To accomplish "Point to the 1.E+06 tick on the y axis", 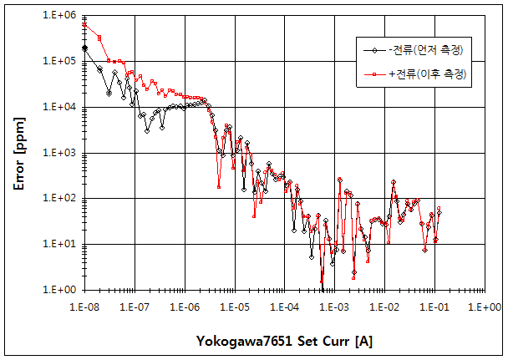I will tap(59, 16).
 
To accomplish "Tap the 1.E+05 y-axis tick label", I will tap(59, 62).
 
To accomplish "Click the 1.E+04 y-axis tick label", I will tap(59, 108).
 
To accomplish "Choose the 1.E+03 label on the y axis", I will tap(59, 154).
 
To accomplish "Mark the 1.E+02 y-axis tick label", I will tap(59, 199).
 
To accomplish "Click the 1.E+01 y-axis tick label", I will tap(59, 245).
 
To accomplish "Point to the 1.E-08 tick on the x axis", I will tap(85, 307).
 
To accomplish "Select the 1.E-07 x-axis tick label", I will tap(135, 307).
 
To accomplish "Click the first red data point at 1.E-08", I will tap(84, 24).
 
